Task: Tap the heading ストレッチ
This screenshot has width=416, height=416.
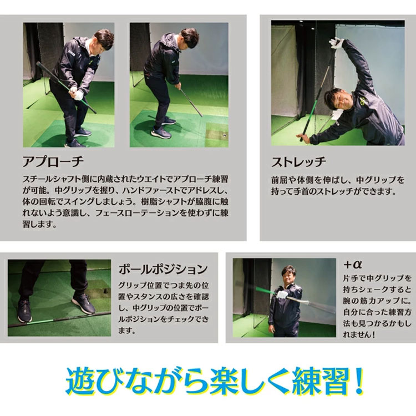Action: click(x=298, y=163)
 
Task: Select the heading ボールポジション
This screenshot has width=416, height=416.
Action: click(x=163, y=270)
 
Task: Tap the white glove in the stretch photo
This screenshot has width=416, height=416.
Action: click(x=336, y=42)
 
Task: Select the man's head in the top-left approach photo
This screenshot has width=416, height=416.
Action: click(x=103, y=40)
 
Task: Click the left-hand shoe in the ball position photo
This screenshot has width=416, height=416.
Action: click(x=25, y=311)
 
